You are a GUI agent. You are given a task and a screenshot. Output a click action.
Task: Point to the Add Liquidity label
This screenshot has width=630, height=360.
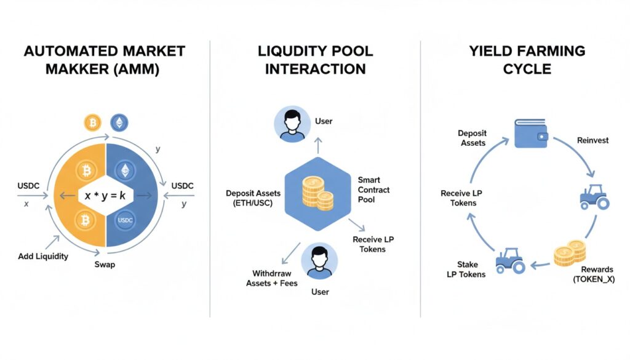pos(43,255)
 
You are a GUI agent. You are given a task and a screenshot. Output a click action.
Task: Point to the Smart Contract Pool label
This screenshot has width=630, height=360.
pos(373,190)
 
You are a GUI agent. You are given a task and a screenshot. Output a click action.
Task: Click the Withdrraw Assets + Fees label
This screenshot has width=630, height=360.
pos(271,278)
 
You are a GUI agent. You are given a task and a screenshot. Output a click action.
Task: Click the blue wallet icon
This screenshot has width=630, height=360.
pos(532,132)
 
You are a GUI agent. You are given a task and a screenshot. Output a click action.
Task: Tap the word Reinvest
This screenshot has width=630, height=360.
pos(592,140)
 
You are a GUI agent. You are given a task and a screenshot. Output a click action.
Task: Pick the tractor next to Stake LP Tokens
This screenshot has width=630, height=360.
pos(510,260)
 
